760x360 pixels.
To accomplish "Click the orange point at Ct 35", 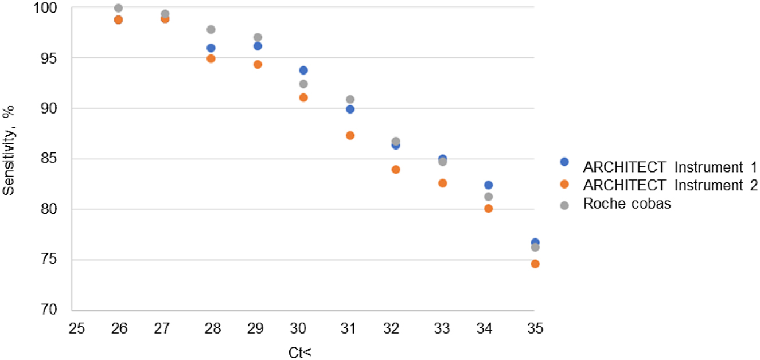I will coord(535,264).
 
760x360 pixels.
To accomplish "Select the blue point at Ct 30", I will coord(303,71).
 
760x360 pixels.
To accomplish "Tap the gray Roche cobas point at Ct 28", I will coord(211,29).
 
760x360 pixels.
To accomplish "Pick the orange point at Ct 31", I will coord(350,135).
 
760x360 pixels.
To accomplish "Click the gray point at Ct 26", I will coord(118,8).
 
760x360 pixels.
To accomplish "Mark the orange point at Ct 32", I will coord(396,170).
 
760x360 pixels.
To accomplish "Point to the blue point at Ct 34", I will coord(488,185).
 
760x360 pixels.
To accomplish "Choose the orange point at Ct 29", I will coord(258,65).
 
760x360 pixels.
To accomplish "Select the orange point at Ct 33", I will coord(442,183).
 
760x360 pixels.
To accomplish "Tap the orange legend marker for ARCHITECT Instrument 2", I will coord(564,185).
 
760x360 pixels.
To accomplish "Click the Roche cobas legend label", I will coord(626,204).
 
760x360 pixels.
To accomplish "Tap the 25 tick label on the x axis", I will coord(77,330).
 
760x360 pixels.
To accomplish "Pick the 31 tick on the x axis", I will coord(349,330).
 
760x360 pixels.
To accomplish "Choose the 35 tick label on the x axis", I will coord(534,330).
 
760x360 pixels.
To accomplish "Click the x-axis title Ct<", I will coord(300,352).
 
